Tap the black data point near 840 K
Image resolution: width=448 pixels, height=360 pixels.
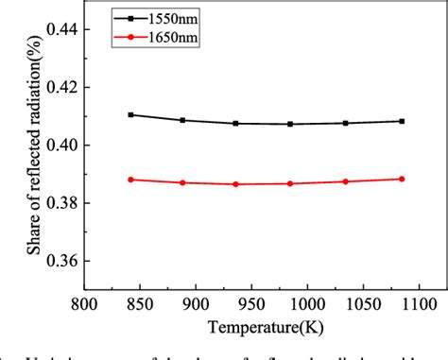(x=130, y=114)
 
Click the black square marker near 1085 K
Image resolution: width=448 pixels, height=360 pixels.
(x=402, y=121)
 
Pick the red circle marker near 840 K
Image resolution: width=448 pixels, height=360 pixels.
(x=130, y=180)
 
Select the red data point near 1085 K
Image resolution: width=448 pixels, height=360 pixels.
(x=402, y=179)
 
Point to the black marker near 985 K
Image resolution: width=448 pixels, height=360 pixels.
(x=290, y=124)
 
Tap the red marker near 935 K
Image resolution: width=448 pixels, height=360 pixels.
(x=235, y=184)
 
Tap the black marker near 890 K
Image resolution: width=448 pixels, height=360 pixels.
(x=182, y=120)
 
